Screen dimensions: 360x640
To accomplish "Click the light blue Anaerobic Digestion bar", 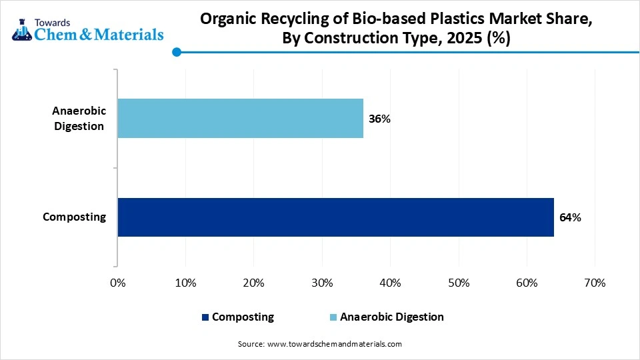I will tap(240, 119).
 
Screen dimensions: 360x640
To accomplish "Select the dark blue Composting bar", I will tap(335, 217).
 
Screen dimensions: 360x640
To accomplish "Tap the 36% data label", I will tap(379, 119).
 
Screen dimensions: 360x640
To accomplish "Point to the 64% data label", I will tap(570, 217).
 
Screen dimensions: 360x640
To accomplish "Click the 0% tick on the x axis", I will tap(117, 283).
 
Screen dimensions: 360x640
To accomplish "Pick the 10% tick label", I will tap(185, 283).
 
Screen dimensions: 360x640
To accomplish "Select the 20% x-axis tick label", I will tap(253, 283).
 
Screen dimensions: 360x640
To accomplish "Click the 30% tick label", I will tap(322, 283).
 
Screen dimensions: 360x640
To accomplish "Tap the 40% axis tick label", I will tap(390, 283).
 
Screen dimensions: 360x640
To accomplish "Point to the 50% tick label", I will tap(458, 283).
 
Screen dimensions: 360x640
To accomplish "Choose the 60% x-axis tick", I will tap(527, 283).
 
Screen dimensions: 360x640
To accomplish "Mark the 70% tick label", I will tap(595, 283).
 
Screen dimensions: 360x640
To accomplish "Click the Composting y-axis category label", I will tap(74, 217).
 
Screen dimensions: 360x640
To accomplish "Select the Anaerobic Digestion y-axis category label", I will tap(79, 119).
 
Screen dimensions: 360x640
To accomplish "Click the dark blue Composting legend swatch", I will tap(205, 317).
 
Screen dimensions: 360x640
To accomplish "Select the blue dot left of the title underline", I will tap(176, 52).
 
